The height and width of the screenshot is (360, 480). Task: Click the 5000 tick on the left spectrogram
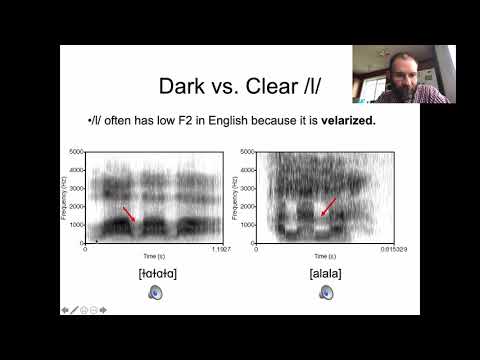76,151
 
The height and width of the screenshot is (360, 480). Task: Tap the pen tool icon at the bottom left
74,309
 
